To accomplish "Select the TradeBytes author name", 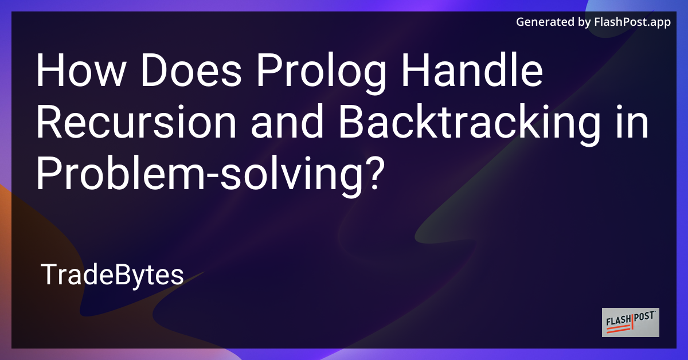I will point(112,276).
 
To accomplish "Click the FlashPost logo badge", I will point(631,322).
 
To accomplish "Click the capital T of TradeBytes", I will point(48,276).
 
